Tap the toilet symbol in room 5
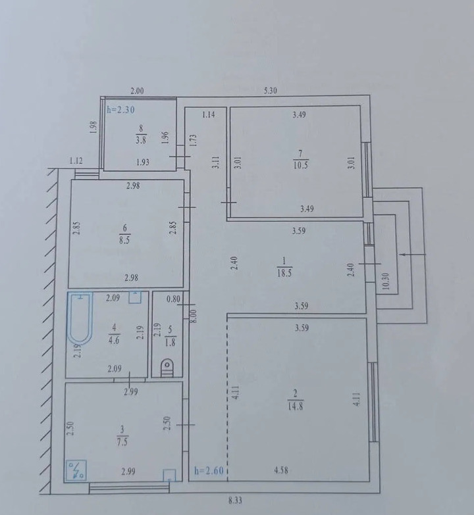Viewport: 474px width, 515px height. point(167,368)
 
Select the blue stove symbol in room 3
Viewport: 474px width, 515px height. point(76,470)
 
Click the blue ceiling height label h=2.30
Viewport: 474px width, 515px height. point(120,110)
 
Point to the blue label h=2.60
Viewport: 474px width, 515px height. point(209,471)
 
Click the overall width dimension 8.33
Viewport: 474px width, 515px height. point(235,501)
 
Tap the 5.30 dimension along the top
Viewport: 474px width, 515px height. point(270,90)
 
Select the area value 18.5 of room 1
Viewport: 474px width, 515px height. point(284,273)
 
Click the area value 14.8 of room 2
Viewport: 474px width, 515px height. point(295,406)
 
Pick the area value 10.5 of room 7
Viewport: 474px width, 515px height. point(300,165)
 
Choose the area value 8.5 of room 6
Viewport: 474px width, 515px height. point(124,240)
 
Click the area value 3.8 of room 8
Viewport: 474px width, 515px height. point(141,140)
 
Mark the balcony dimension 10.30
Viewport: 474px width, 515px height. point(386,282)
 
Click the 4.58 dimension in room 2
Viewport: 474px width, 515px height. point(281,470)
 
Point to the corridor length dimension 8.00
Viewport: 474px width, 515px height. point(194,316)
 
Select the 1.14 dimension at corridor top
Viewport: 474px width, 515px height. point(209,114)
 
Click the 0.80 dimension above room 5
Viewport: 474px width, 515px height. point(173,299)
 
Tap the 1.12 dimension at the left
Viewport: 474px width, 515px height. point(76,161)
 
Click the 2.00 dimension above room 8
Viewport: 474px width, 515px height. point(137,91)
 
